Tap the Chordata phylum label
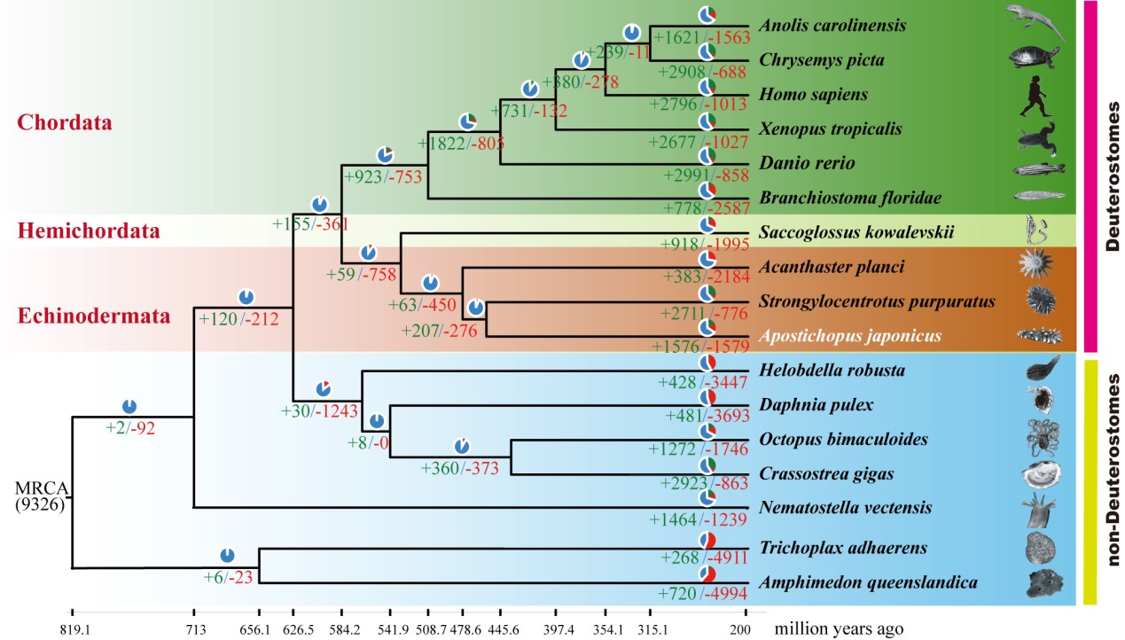65,122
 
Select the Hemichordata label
89,232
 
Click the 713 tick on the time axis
195,629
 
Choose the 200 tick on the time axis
745,629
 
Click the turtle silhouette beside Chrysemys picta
1035,58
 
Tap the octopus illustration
1035,439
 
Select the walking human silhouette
1033,95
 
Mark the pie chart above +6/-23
227,556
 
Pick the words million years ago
839,629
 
